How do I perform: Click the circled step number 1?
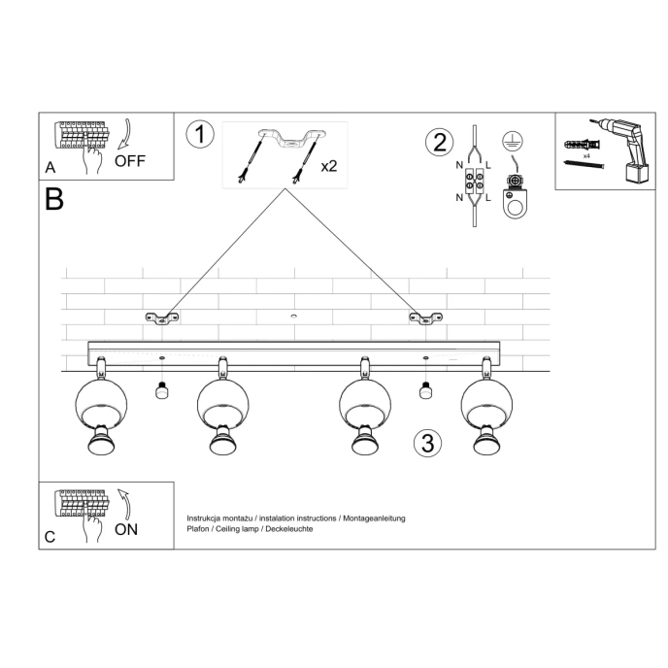[x=199, y=134]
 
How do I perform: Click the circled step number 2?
[x=439, y=142]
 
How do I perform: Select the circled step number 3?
[x=426, y=443]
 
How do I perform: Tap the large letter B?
[x=54, y=200]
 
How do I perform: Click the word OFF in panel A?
[x=130, y=161]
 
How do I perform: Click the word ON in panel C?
[x=126, y=530]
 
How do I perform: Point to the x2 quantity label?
[x=329, y=166]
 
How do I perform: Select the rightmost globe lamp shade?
[x=485, y=400]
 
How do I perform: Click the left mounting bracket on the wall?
[x=163, y=317]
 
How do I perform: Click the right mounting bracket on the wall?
[x=424, y=317]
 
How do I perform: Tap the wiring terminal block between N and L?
[x=474, y=181]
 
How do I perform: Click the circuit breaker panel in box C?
[x=83, y=505]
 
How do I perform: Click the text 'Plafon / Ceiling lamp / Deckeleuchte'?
[x=250, y=529]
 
